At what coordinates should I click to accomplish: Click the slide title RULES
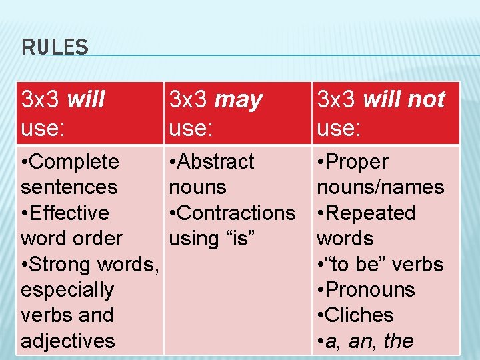pos(55,47)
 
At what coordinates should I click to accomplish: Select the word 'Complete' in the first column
pos(75,162)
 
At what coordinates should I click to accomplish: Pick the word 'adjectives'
pos(68,341)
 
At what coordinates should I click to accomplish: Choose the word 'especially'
pos(67,290)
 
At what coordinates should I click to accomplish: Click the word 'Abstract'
pos(217,162)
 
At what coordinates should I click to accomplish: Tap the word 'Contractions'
pos(237,213)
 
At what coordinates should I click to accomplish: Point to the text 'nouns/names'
pos(380,187)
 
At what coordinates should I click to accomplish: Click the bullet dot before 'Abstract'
pos(173,162)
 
